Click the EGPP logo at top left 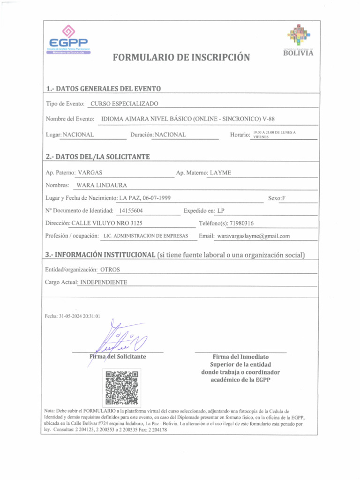[x=68, y=40]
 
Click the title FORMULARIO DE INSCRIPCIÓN [x=181, y=58]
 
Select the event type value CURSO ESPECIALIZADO [x=124, y=104]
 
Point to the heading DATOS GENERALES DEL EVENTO [x=104, y=89]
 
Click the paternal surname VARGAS [x=90, y=173]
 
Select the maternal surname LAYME [x=220, y=173]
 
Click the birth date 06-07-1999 [x=154, y=198]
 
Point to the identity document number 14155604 [x=131, y=210]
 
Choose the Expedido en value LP [x=221, y=210]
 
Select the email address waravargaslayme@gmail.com [x=253, y=236]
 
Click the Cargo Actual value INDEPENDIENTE [x=104, y=282]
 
